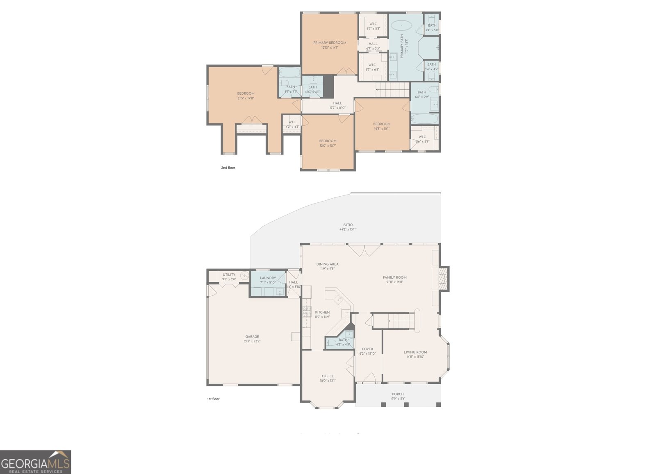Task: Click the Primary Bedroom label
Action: coord(330,43)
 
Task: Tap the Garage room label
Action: coord(252,336)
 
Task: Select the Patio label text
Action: coord(348,225)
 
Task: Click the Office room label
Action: coord(328,376)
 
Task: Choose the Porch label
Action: coord(398,394)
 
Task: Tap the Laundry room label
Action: coord(268,278)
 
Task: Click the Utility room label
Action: coord(229,274)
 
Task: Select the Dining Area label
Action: coord(327,264)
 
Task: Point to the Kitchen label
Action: coord(322,312)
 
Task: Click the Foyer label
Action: coord(367,349)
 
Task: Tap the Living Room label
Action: coord(415,352)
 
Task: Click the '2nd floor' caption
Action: coord(228,167)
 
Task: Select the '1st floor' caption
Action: coord(213,399)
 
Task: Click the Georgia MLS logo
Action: coord(36,462)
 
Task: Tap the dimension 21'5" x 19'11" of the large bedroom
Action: coord(246,98)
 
